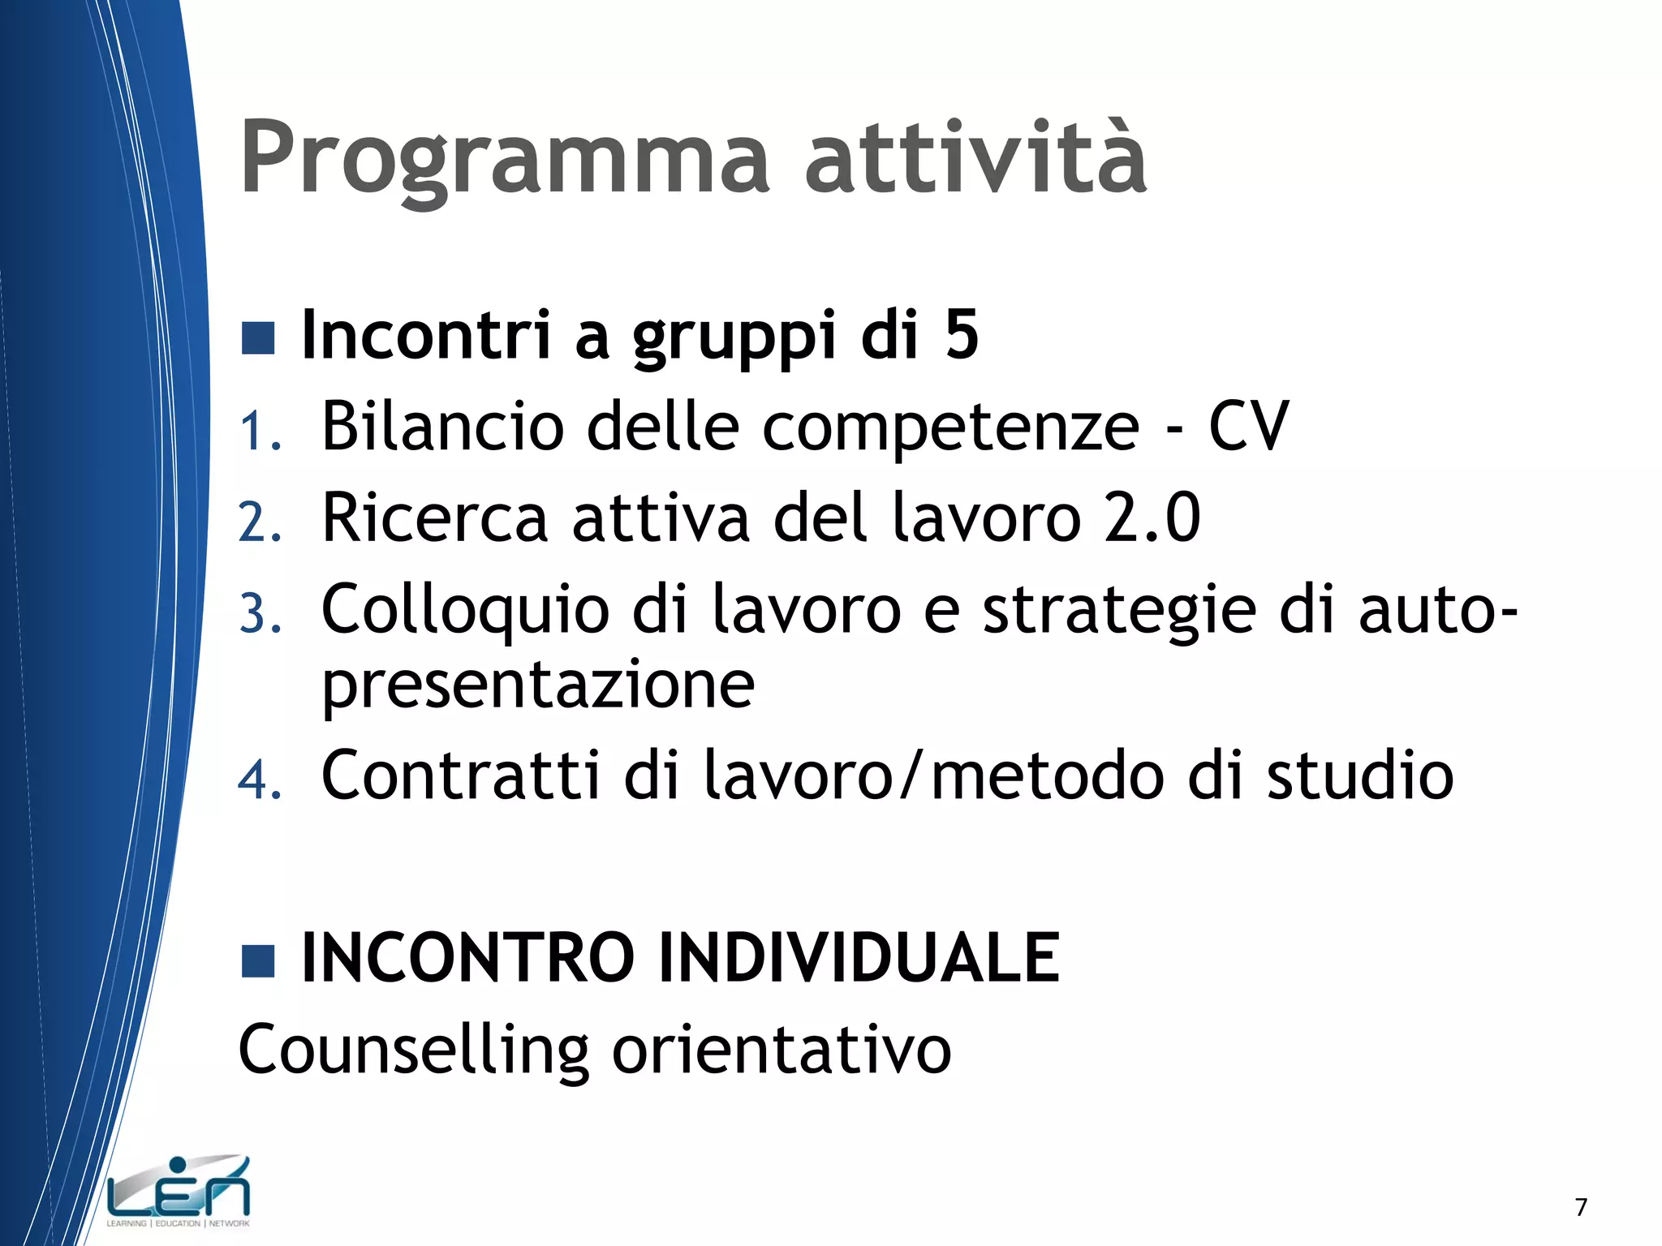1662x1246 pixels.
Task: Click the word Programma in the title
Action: coord(504,158)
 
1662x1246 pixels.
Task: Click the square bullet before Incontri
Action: coord(258,338)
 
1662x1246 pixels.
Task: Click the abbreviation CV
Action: coord(1248,427)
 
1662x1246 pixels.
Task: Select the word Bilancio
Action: coord(442,427)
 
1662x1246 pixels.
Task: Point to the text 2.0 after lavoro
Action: coord(1152,518)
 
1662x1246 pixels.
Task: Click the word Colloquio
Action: coord(465,610)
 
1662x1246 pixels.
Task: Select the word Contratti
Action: coord(460,776)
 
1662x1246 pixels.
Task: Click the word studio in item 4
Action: coord(1360,776)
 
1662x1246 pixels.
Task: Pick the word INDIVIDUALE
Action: coord(859,958)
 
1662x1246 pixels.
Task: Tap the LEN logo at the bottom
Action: coord(179,1191)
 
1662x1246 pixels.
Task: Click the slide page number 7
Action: coord(1581,1207)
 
